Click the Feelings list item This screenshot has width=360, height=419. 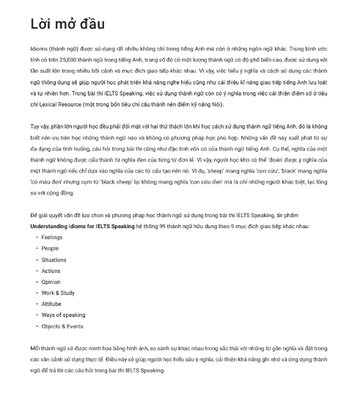pyautogui.click(x=52, y=237)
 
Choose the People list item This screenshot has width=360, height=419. pyautogui.click(x=50, y=248)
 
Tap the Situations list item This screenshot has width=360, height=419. pyautogui.click(x=54, y=260)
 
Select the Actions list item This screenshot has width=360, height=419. pyautogui.click(x=51, y=271)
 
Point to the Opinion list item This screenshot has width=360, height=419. pyautogui.click(x=51, y=282)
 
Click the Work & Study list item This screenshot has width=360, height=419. pyautogui.click(x=58, y=293)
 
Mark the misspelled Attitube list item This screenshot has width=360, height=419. pyautogui.click(x=52, y=304)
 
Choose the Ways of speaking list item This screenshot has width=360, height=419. pyautogui.click(x=63, y=315)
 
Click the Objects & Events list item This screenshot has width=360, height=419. pyautogui.click(x=62, y=326)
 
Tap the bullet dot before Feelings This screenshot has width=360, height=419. pyautogui.click(x=37, y=237)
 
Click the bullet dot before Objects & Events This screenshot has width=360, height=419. pyautogui.click(x=37, y=326)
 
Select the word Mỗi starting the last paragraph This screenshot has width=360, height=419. pyautogui.click(x=35, y=348)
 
